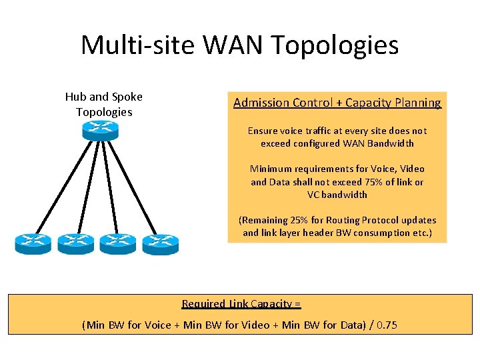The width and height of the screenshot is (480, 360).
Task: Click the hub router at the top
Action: pyautogui.click(x=100, y=130)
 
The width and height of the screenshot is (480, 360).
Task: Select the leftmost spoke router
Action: pyautogui.click(x=33, y=243)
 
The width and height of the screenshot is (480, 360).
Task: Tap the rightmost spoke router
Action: pyautogui.click(x=160, y=243)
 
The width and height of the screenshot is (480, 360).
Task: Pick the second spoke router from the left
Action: pyautogui.click(x=75, y=243)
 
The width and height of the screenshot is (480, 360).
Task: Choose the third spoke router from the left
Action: pyautogui.click(x=118, y=243)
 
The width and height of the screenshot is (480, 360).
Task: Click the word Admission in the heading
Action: pyautogui.click(x=261, y=103)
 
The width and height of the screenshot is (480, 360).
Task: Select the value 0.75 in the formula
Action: pyautogui.click(x=385, y=325)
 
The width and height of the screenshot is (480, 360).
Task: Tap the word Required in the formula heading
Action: pyautogui.click(x=203, y=304)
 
